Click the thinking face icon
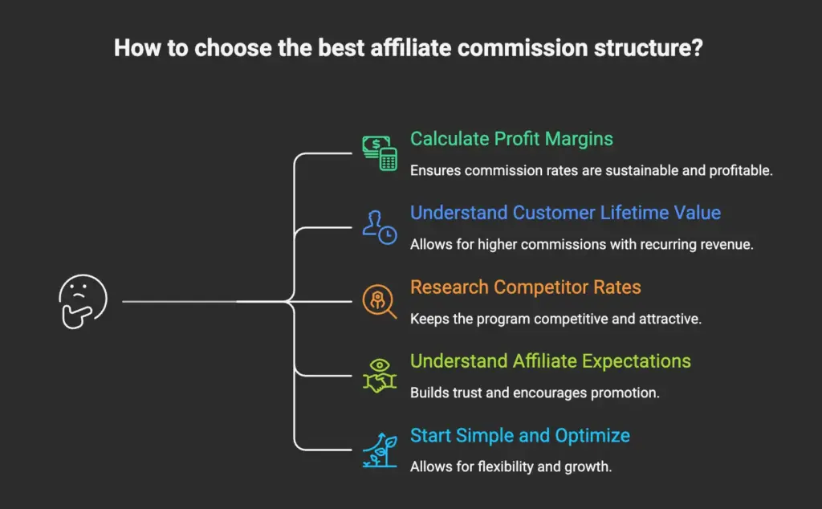tap(83, 301)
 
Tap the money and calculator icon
tap(379, 152)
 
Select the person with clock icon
tap(379, 226)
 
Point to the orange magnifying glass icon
tap(379, 301)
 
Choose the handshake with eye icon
tap(379, 375)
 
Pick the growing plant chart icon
tap(379, 450)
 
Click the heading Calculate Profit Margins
tap(511, 139)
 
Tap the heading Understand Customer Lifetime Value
tap(565, 213)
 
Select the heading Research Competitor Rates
tap(526, 287)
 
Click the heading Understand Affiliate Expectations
tap(550, 361)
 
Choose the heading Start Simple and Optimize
tap(519, 436)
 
